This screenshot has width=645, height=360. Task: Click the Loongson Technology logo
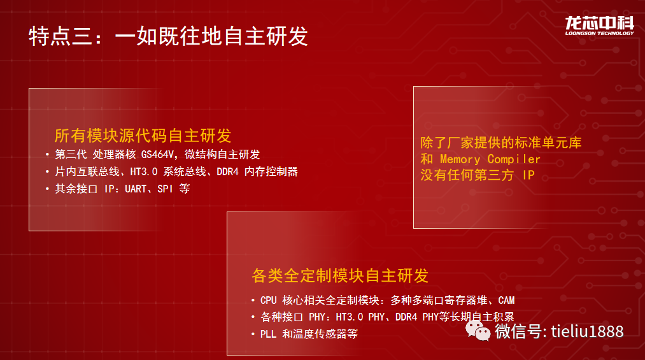[x=599, y=25]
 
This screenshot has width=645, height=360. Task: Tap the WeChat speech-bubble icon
[x=478, y=331]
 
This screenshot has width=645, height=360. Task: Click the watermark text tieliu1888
[x=587, y=331]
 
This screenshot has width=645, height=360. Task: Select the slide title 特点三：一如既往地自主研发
[x=168, y=36]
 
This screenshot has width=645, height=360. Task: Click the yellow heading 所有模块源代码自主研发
[x=143, y=135]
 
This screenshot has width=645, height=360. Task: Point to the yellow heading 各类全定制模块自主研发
[x=340, y=276]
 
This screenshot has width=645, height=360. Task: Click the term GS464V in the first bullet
[x=157, y=154]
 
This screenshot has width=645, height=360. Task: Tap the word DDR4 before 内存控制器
[x=227, y=171]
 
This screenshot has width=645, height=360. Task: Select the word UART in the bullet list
[x=136, y=189]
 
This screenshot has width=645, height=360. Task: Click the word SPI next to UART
[x=165, y=189]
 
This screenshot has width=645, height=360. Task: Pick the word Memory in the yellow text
[x=460, y=159]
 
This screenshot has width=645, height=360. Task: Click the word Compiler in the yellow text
[x=514, y=159]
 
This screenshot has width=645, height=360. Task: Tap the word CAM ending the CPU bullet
[x=506, y=300]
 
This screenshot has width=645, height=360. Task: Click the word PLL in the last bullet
[x=268, y=334]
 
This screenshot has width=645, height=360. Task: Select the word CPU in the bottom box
[x=268, y=300]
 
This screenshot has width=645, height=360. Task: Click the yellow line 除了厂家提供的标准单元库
[x=500, y=143]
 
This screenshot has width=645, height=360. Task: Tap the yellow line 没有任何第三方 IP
[x=477, y=175]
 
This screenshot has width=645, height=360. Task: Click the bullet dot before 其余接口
[x=47, y=189]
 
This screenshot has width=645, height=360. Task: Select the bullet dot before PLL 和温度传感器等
[x=253, y=334]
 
